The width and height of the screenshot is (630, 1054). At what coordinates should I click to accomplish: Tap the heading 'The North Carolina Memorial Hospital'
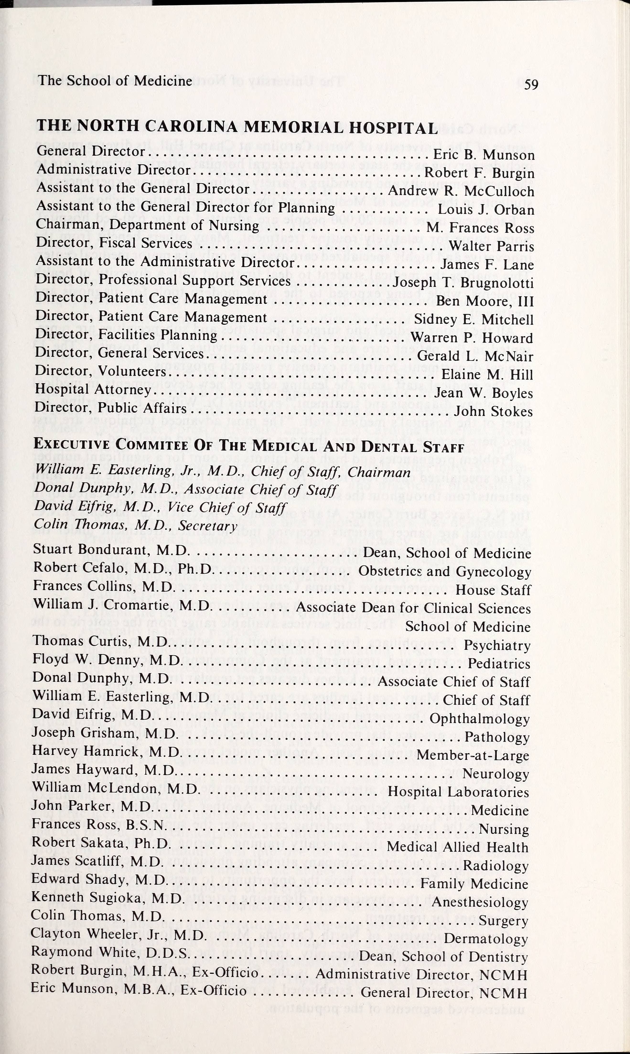pos(237,126)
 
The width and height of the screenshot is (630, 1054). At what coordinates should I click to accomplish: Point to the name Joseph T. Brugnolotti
pos(463,283)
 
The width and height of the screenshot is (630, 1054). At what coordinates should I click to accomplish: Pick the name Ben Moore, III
pos(485,301)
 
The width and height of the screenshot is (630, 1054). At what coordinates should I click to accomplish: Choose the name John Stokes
pos(493,411)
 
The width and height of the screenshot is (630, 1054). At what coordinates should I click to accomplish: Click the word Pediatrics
pos(499,664)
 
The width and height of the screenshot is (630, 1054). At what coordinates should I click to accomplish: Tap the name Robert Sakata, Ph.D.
pos(101,843)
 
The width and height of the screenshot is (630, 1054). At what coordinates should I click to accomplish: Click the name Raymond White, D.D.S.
pos(109,952)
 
